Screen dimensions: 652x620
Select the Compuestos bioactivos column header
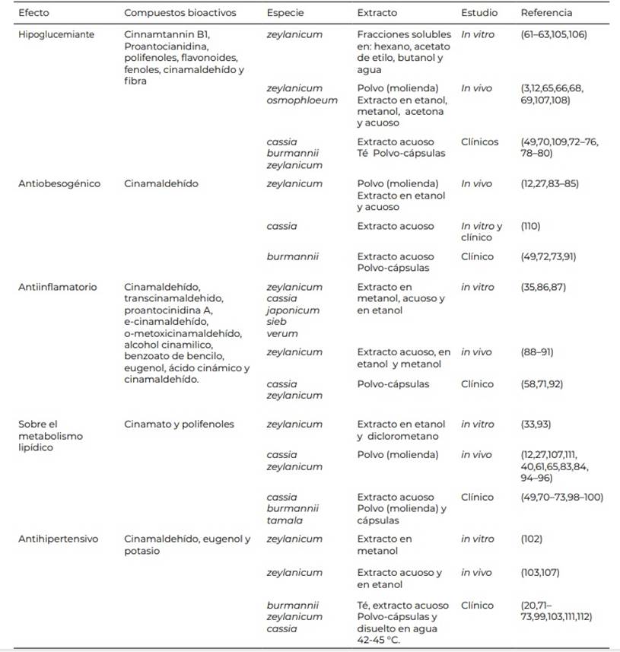point(180,13)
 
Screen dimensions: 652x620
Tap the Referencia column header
point(546,13)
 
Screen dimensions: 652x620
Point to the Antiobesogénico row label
point(59,184)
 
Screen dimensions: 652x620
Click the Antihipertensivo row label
point(58,539)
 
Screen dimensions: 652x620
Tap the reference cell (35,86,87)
point(543,288)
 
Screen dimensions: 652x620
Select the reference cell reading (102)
point(532,539)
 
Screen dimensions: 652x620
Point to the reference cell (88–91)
point(538,352)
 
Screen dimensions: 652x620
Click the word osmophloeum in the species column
point(302,100)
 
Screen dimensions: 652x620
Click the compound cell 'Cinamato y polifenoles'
point(180,425)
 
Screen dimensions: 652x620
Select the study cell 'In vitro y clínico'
point(482,231)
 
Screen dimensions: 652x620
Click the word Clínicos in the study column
point(480,142)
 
